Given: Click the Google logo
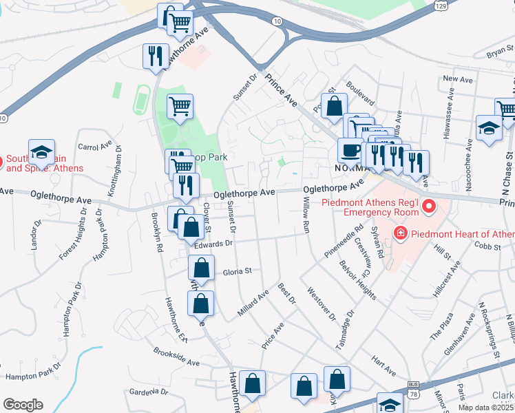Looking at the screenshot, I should tap(23, 405).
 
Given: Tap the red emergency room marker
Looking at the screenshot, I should tap(429, 206).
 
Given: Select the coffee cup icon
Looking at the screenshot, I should tap(350, 150).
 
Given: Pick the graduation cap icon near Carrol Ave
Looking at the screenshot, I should tap(41, 153).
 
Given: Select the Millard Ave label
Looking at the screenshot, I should tap(253, 301).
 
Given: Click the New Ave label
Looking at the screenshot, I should tap(455, 79).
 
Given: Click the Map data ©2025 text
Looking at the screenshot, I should tap(485, 407).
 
